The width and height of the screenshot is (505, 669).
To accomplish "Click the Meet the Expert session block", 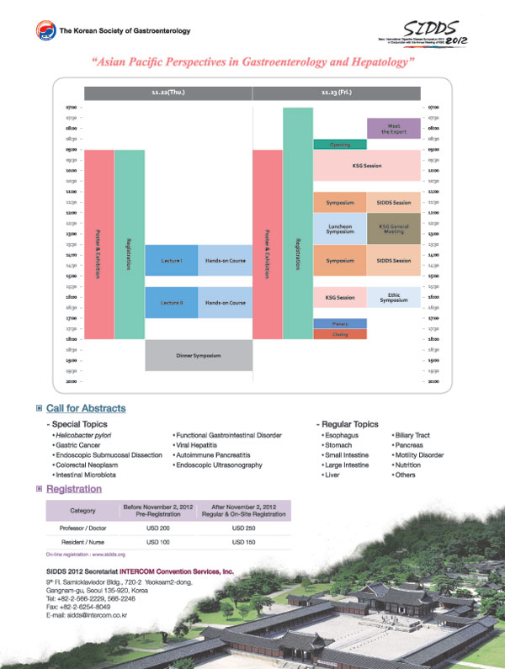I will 393,129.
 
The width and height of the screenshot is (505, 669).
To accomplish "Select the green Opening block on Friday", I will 339,145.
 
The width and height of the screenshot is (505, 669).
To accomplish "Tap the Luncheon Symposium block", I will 339,229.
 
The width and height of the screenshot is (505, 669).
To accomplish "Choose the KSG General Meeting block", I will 393,229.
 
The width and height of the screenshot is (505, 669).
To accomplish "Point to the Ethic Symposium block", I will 393,298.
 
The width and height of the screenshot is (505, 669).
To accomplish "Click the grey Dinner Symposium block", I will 199,355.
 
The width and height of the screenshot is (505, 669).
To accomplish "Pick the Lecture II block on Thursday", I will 172,302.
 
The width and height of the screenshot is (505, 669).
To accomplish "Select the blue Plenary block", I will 339,324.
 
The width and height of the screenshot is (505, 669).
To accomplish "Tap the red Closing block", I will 339,334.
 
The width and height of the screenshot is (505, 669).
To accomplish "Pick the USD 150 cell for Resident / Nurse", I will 243,543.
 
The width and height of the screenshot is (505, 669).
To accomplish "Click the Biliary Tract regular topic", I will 413,436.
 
